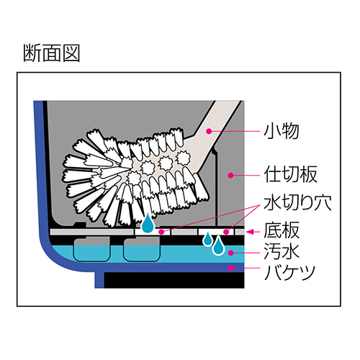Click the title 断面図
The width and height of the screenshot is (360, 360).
coord(51,53)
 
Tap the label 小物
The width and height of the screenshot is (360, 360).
coord(282,131)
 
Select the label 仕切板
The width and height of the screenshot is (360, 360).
coord(291,174)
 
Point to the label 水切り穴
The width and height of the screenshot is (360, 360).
coord(297,202)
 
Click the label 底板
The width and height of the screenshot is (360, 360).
coord(282,230)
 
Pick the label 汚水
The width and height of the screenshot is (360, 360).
coord(282,251)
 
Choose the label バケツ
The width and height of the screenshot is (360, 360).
coord(289,272)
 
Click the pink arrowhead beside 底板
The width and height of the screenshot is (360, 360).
coord(250,232)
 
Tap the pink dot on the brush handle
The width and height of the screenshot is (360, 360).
coord(209,131)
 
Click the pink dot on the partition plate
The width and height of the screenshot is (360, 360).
coord(231,175)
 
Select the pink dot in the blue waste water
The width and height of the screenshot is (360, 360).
coord(231,253)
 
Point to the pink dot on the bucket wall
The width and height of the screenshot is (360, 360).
coord(231,268)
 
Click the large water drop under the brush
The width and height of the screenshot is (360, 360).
coord(148,223)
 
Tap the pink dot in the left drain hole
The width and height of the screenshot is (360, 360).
coord(161,232)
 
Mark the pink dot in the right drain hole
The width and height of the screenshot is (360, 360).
coord(226,232)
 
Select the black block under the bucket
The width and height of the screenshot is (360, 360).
coord(174,280)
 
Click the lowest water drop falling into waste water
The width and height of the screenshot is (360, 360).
coord(218,246)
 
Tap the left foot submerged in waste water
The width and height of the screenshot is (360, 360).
coord(91,249)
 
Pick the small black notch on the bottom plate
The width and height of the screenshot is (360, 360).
coord(80,225)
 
